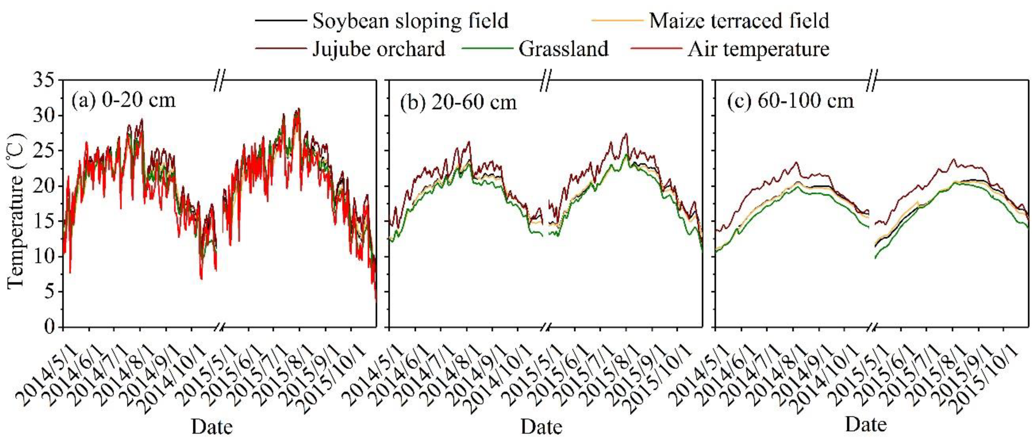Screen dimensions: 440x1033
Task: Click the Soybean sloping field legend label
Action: (410, 21)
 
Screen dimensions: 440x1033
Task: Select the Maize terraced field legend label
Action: (739, 21)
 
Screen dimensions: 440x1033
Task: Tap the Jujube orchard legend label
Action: (378, 49)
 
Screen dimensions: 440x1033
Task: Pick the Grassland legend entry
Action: (563, 49)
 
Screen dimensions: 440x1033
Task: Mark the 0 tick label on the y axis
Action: (49, 327)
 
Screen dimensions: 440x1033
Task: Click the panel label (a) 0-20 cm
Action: (123, 100)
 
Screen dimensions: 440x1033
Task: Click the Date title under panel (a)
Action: (212, 427)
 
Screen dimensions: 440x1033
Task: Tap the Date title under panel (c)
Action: (866, 424)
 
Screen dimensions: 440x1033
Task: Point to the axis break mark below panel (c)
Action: (872, 327)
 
